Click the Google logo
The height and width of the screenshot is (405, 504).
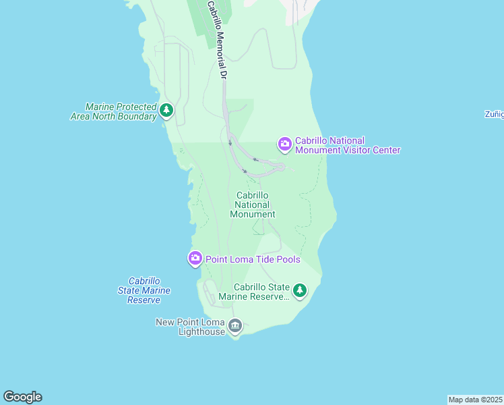[x=22, y=397]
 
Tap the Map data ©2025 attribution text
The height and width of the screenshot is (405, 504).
[x=476, y=400]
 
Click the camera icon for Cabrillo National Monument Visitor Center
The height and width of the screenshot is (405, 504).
[x=284, y=143]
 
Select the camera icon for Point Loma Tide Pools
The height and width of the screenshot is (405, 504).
[x=195, y=258]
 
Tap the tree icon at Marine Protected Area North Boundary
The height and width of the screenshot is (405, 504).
[x=166, y=109]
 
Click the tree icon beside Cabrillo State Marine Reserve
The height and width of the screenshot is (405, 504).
[x=300, y=291]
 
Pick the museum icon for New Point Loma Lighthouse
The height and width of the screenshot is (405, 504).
[x=235, y=326]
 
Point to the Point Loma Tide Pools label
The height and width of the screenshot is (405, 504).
[x=253, y=259]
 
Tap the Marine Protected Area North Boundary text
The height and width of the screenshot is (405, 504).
[x=113, y=111]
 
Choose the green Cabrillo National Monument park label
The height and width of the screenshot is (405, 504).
[x=253, y=205]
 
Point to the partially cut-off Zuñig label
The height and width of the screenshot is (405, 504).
[x=494, y=114]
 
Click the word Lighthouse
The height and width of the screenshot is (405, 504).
[x=201, y=331]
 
